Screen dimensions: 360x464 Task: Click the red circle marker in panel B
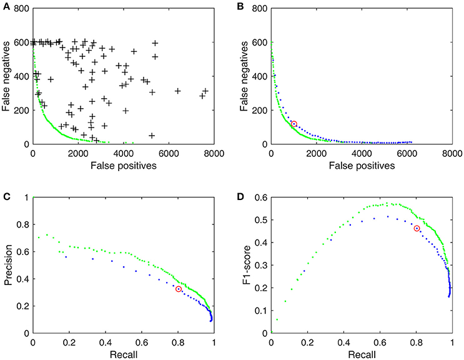pyautogui.click(x=294, y=124)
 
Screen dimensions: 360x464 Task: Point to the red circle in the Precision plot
pyautogui.click(x=179, y=289)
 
